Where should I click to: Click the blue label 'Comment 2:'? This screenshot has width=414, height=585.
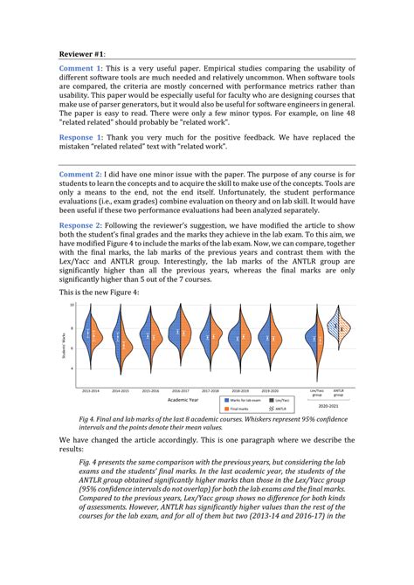tap(81, 175)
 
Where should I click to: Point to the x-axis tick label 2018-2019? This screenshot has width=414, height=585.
tap(241, 390)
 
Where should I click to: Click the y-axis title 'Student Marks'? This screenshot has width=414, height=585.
tap(64, 344)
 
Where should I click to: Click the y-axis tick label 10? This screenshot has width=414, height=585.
tap(73, 306)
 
